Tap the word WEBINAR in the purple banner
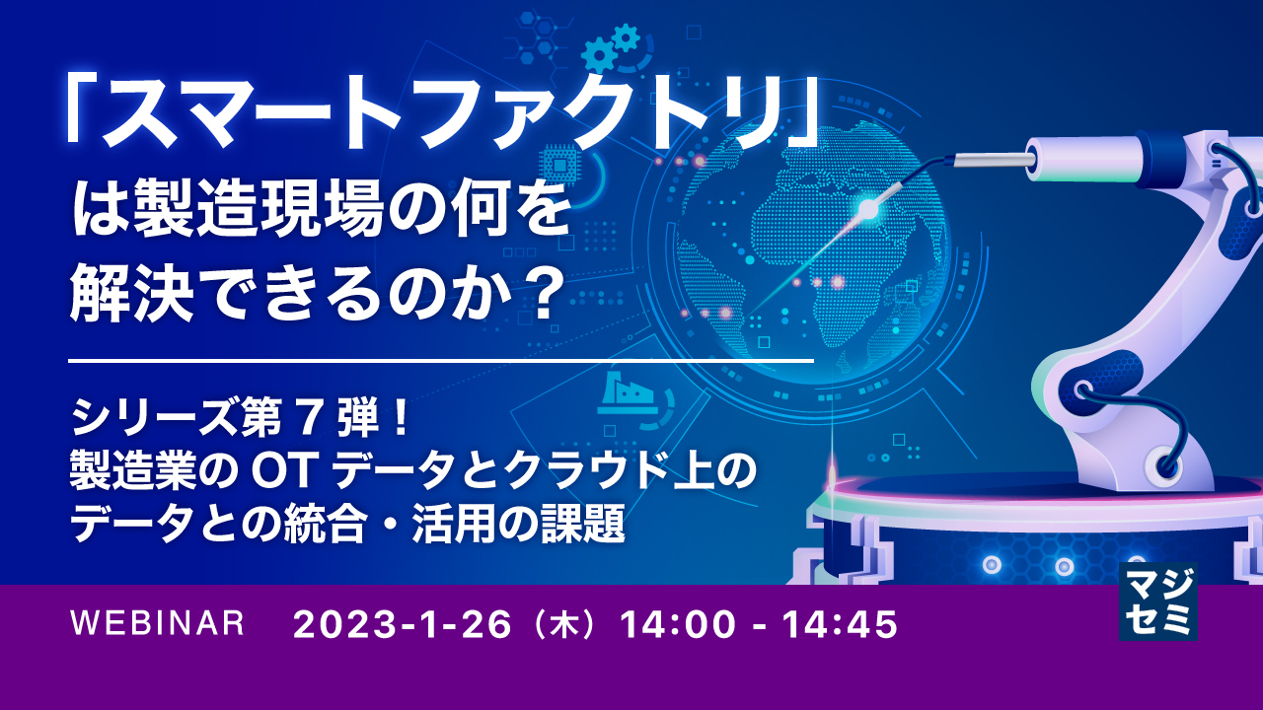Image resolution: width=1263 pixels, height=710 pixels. tap(158, 623)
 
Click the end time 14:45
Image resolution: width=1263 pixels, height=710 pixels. tap(838, 624)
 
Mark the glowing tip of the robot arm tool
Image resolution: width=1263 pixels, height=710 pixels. tap(869, 208)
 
